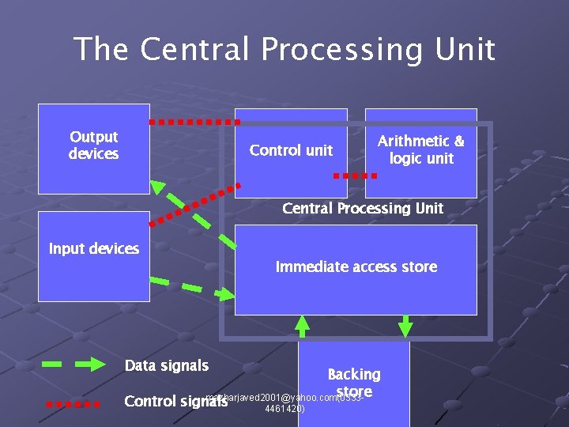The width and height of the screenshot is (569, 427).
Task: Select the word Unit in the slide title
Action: pyautogui.click(x=465, y=49)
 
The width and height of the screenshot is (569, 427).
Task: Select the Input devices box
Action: pyautogui.click(x=93, y=257)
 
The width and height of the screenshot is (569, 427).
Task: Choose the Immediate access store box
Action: pyautogui.click(x=356, y=269)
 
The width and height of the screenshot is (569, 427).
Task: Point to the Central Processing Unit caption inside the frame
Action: pyautogui.click(x=362, y=209)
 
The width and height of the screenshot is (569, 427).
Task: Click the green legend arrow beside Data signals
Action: pyautogui.click(x=73, y=365)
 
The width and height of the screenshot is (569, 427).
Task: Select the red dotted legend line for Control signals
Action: pyautogui.click(x=73, y=403)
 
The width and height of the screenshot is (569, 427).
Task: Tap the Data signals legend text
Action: pyautogui.click(x=167, y=365)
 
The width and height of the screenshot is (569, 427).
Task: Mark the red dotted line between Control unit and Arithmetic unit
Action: pyautogui.click(x=353, y=175)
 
